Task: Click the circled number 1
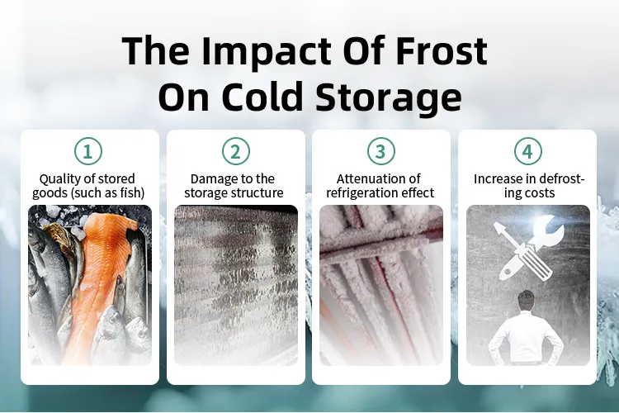coord(89,151)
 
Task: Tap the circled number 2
coord(235,151)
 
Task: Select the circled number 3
coord(380,151)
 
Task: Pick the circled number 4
coord(527,151)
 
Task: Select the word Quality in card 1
coord(59,178)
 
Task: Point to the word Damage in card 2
coord(211,178)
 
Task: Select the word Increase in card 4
coord(496,178)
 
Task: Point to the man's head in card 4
coord(527,300)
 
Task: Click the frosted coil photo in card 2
coord(235,285)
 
